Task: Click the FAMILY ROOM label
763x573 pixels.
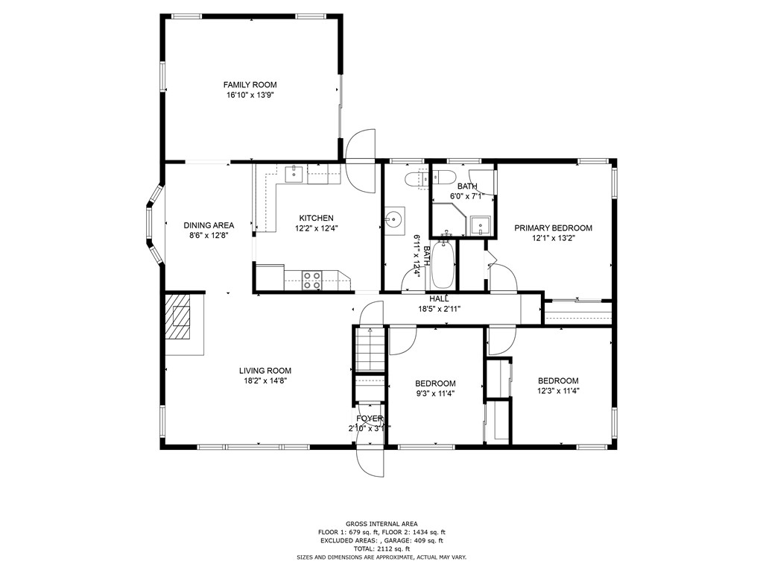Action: [x=250, y=85]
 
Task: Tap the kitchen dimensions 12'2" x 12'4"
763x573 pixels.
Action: [x=316, y=228]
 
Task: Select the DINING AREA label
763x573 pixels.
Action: [x=209, y=225]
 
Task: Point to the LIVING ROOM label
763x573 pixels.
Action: [x=265, y=371]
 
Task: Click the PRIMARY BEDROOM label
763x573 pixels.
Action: [x=554, y=228]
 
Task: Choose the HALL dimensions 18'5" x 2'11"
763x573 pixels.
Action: [x=440, y=308]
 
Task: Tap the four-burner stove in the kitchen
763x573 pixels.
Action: [x=312, y=281]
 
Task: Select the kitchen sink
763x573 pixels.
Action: [x=294, y=173]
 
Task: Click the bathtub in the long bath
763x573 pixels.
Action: [x=443, y=263]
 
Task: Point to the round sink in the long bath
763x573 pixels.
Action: [x=393, y=220]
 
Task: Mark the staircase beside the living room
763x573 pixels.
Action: [x=370, y=350]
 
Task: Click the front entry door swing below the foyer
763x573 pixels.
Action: [x=370, y=460]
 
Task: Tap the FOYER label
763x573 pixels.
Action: [x=370, y=419]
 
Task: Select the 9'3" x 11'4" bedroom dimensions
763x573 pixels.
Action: [x=435, y=394]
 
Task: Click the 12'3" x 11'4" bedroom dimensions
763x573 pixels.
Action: [x=558, y=391]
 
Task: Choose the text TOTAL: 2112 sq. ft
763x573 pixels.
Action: [x=381, y=548]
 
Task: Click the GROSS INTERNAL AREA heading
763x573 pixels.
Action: [x=381, y=524]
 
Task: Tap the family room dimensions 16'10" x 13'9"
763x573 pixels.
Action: [x=250, y=95]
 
